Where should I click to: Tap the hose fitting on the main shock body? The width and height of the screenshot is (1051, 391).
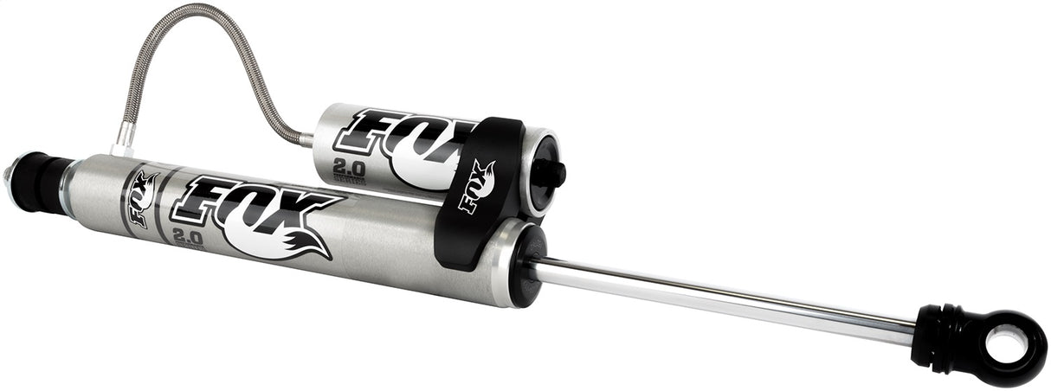124,138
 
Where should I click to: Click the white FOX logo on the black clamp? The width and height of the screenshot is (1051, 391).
477,186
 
